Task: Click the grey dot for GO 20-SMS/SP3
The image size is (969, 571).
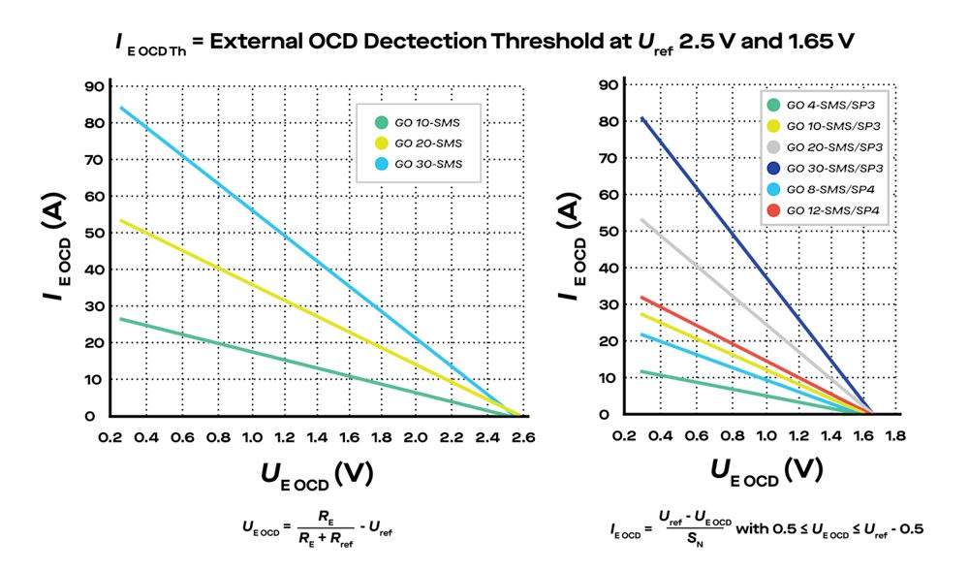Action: [773, 146]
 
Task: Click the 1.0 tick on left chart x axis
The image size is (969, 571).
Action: [254, 437]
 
